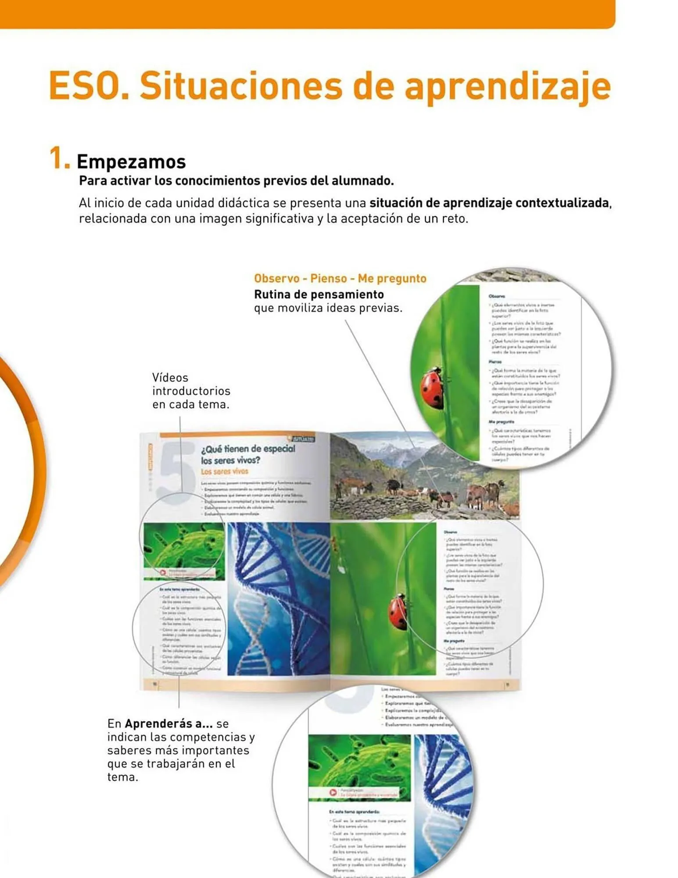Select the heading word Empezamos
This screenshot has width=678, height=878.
tap(131, 162)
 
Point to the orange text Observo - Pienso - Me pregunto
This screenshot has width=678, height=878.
tap(340, 278)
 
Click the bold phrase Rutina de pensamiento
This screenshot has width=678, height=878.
tap(319, 294)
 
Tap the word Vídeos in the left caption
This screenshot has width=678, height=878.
tap(170, 378)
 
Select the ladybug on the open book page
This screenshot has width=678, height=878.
tap(398, 612)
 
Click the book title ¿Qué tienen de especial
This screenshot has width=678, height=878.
tap(248, 449)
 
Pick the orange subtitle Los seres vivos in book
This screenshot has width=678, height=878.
tap(224, 471)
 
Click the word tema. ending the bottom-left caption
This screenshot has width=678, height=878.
tap(122, 777)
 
